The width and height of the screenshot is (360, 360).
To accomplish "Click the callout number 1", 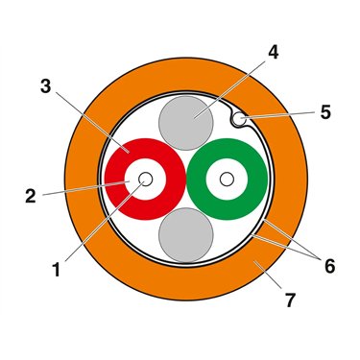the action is click(57, 270).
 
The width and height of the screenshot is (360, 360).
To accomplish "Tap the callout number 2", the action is click(31, 197).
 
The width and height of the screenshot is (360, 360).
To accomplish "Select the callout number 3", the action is click(45, 86).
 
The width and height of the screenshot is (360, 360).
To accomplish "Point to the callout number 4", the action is click(273, 52).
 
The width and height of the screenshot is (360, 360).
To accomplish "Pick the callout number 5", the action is click(325, 112).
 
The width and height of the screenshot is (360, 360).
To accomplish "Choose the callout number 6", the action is click(329, 266).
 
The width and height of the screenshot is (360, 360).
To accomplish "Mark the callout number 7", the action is click(290, 300).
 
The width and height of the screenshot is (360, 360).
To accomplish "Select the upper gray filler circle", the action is click(186, 123).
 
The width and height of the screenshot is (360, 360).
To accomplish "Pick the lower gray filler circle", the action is click(186, 235).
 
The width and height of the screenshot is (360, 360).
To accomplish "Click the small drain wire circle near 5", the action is click(238, 119).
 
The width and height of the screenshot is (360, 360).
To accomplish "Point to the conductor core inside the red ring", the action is click(145, 180).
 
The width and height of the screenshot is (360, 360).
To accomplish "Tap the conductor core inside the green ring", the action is click(227, 180).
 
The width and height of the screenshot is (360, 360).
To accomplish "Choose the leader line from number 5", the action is click(278, 115).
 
